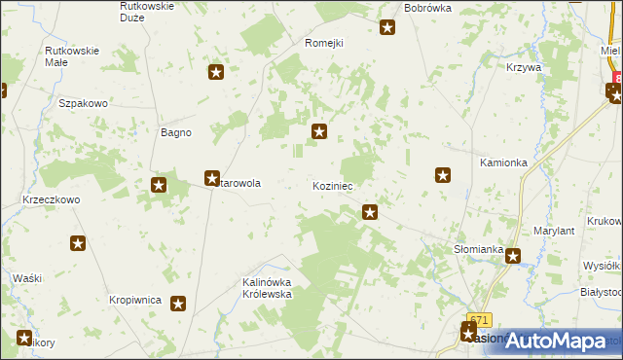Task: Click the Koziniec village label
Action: click(332, 185)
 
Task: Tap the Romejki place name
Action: click(325, 43)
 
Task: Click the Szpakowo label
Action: click(82, 102)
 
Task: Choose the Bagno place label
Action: click(175, 132)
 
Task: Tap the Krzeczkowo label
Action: click(51, 198)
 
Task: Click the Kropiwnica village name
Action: click(135, 301)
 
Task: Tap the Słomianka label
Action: click(478, 249)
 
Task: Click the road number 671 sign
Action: click(479, 319)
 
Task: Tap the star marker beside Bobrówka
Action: click(387, 27)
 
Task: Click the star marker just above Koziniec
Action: click(318, 131)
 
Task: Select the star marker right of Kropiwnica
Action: click(178, 305)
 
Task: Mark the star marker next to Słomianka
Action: click(512, 257)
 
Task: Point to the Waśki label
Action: click(27, 278)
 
